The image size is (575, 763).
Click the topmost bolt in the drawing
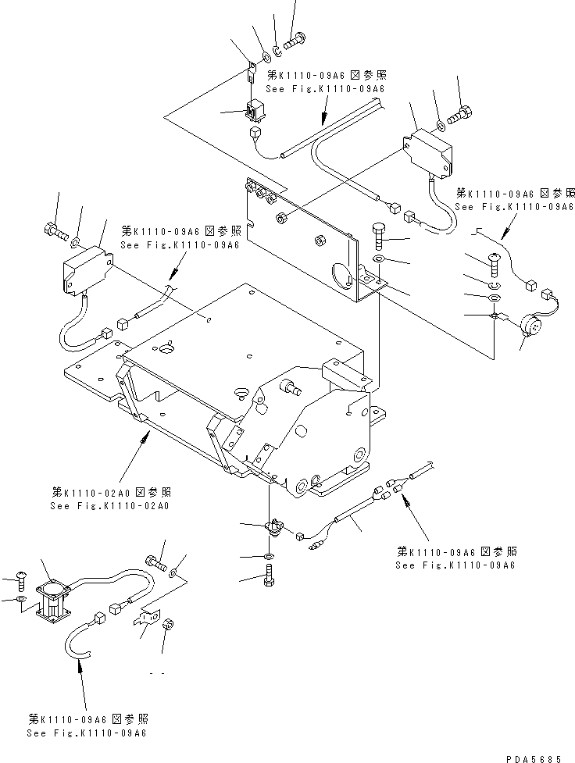(296, 37)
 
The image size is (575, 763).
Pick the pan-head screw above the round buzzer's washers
(495, 262)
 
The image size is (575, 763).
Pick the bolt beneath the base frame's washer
(268, 579)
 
